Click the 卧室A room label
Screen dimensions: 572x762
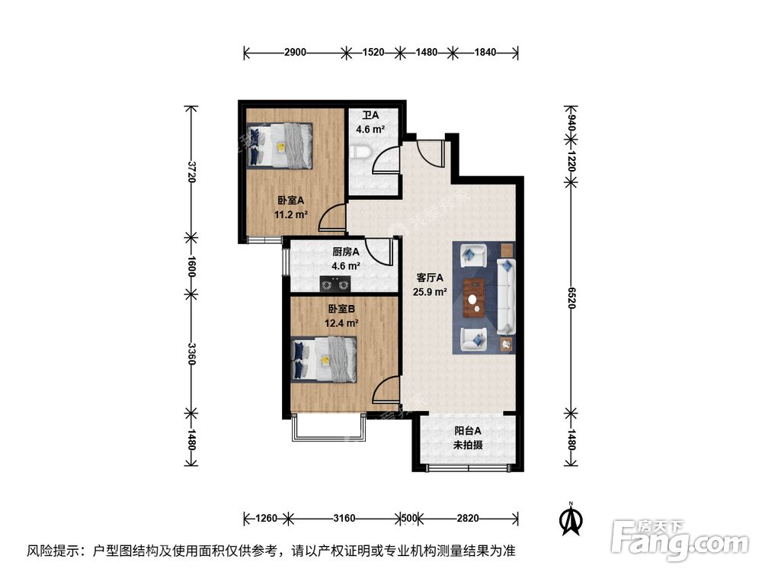pos(290,201)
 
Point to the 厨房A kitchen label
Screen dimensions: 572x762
pos(346,252)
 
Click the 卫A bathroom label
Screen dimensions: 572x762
pos(371,116)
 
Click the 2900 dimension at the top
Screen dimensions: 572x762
pos(295,53)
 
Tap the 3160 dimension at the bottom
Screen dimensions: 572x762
pos(344,519)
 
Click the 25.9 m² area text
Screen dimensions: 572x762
pos(431,291)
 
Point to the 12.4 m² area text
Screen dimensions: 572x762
pos(342,323)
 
